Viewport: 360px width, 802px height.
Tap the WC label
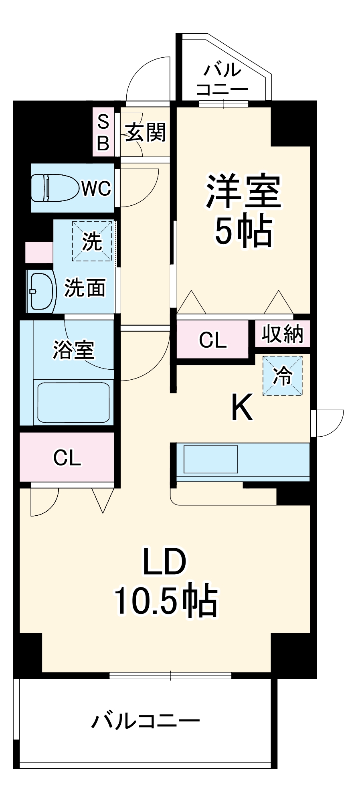pyautogui.click(x=96, y=188)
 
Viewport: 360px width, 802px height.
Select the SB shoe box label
pyautogui.click(x=103, y=132)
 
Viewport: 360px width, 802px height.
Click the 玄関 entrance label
pyautogui.click(x=145, y=132)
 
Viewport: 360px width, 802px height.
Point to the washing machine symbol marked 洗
pyautogui.click(x=92, y=241)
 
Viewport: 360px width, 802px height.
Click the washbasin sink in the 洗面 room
pyautogui.click(x=41, y=291)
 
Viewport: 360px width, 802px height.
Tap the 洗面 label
pyautogui.click(x=85, y=288)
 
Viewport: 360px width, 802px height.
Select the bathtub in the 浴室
pyautogui.click(x=73, y=402)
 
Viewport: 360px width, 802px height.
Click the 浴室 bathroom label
pyautogui.click(x=74, y=350)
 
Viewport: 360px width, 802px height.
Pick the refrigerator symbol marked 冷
pyautogui.click(x=283, y=376)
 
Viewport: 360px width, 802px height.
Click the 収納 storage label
pyautogui.click(x=283, y=333)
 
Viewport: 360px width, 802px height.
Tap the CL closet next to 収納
pyautogui.click(x=213, y=340)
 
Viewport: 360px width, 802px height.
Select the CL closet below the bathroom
pyautogui.click(x=67, y=457)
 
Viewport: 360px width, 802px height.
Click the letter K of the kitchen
pyautogui.click(x=242, y=407)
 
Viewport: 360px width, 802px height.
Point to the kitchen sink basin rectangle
pyautogui.click(x=211, y=459)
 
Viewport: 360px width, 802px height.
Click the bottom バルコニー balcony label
pyautogui.click(x=146, y=721)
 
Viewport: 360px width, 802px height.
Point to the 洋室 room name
pyautogui.click(x=244, y=192)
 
